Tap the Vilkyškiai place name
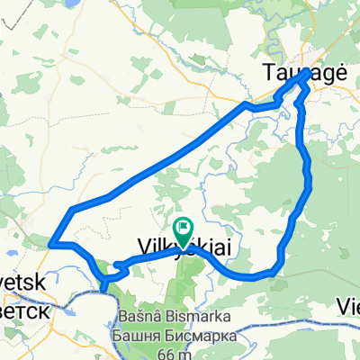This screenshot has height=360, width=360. tap(177, 245)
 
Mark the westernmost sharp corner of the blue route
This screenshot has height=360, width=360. tap(51, 243)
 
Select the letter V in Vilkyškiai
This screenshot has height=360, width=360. tap(142, 245)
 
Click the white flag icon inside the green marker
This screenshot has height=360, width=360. tap(184, 229)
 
